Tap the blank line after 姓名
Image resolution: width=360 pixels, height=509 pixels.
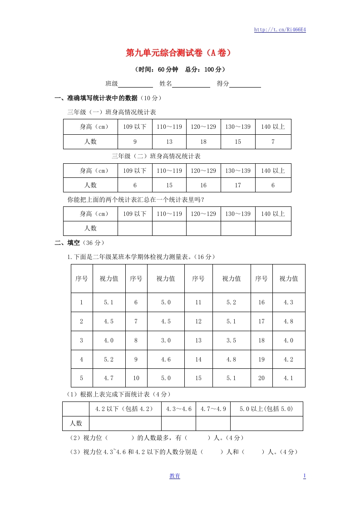pos(191,84)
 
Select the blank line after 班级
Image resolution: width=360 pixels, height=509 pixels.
pos(135,84)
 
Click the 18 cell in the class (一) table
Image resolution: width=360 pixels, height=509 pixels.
pos(203,142)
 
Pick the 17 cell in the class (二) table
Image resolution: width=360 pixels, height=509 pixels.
pos(238,185)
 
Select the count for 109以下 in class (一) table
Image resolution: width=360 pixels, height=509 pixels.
pos(135,142)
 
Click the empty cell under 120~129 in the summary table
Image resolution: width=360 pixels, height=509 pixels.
pos(203,228)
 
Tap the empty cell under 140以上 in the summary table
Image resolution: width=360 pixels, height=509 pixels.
pos(273,228)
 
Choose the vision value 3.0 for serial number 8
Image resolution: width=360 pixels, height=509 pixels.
pos(166,340)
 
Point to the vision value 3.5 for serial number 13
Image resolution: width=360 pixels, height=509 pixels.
pos(232,340)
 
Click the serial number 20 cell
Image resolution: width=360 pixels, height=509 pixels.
pos(261,378)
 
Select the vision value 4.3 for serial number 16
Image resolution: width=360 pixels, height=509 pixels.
pos(289,302)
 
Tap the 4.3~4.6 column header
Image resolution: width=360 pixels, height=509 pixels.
pos(179,409)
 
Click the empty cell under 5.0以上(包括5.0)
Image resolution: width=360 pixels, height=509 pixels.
pos(266,423)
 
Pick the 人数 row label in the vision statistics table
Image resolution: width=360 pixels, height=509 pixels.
pos(76,423)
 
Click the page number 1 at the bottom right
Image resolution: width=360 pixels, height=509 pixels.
pos(304,476)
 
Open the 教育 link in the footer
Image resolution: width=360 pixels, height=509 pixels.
pos(175,476)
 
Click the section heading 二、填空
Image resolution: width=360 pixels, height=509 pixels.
pos(67,243)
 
